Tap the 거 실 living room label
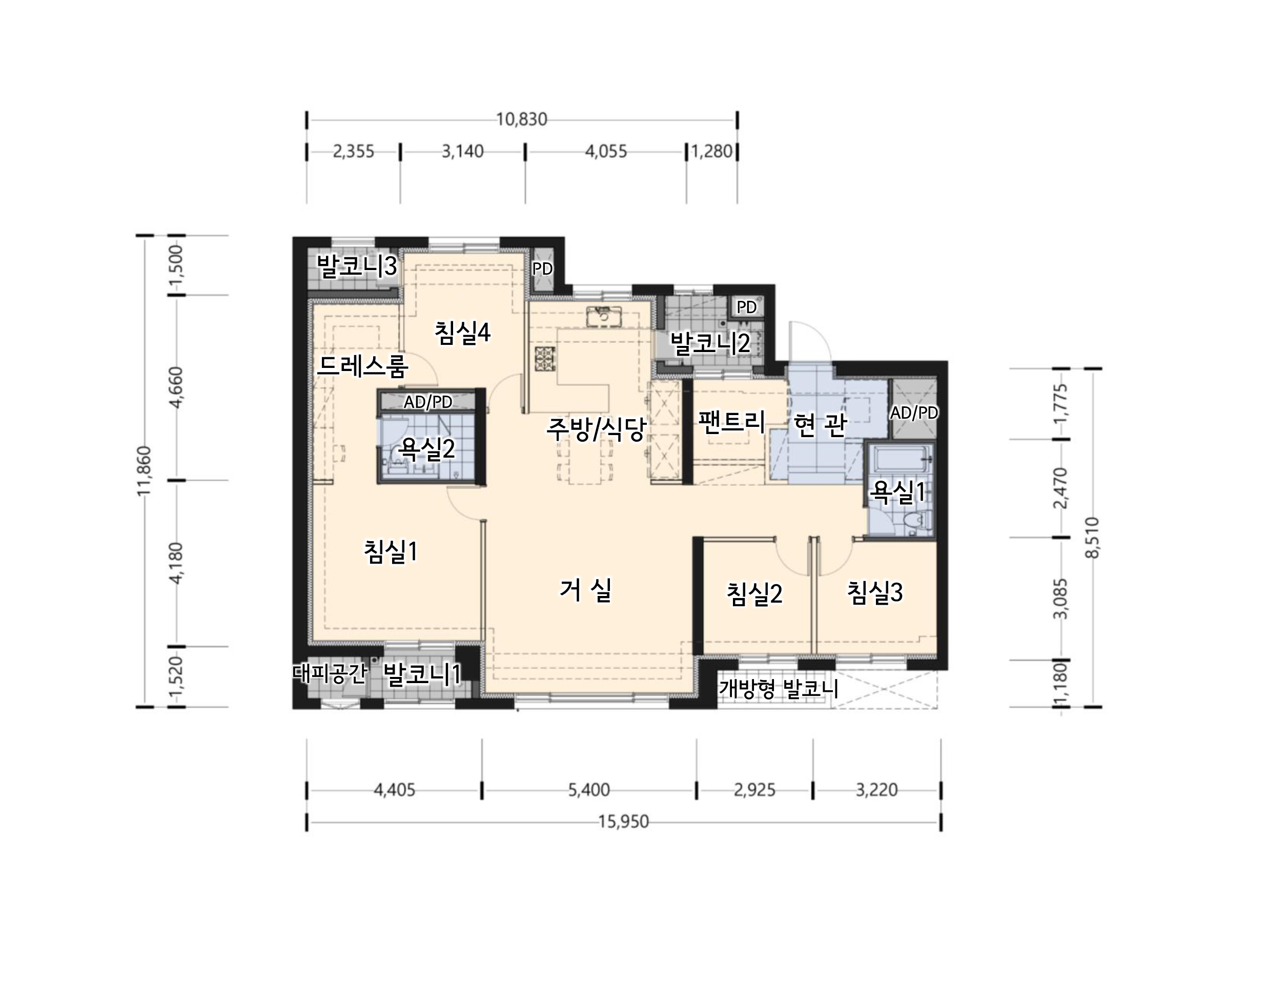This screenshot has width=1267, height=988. tap(585, 590)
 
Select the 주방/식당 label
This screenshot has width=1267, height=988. tap(596, 429)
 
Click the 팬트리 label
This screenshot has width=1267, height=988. tap(732, 421)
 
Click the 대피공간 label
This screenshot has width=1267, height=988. tap(331, 673)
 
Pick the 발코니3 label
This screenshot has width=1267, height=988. tap(356, 266)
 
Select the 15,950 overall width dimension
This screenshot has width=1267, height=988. tap(624, 821)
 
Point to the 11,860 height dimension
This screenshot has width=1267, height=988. tap(144, 471)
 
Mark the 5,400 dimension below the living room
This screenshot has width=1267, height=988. tap(589, 790)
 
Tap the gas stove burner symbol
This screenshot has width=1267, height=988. tap(545, 359)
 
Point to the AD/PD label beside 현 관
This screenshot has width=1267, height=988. tap(914, 413)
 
